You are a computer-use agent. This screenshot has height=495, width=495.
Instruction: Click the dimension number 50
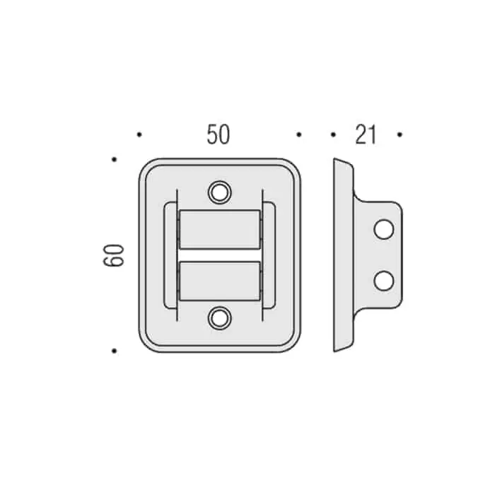click(218, 134)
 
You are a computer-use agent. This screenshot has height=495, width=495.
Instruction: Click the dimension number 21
click(366, 134)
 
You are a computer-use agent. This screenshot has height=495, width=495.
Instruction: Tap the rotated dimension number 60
click(114, 255)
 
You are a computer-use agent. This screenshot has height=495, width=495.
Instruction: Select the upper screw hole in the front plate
click(220, 192)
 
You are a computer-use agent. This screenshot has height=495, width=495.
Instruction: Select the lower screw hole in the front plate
click(220, 318)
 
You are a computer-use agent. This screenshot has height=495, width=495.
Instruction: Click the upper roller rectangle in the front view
click(220, 230)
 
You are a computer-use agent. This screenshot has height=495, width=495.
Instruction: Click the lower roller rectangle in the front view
click(220, 281)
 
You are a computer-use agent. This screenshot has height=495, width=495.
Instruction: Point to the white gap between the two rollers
click(220, 255)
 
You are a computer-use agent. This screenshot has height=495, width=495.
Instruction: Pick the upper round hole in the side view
click(383, 230)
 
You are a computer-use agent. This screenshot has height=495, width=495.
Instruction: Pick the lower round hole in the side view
click(383, 281)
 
